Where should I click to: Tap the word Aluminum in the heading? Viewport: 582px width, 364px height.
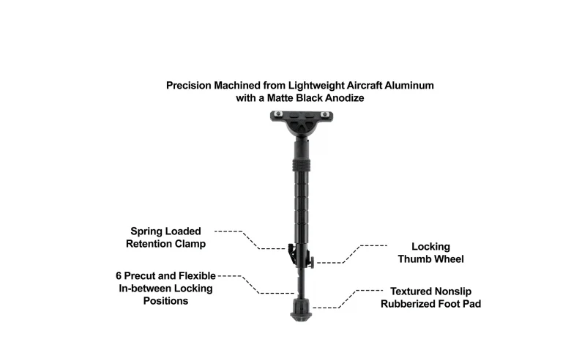pos(409,86)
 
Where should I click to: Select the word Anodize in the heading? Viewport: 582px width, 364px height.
pos(345,98)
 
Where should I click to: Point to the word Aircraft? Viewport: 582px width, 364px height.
pos(364,86)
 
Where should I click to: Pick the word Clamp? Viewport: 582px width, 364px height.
pos(190,244)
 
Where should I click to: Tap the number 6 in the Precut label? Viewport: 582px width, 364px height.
pos(119,276)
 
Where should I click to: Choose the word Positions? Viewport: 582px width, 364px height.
pos(165,301)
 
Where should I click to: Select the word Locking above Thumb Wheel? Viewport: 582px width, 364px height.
pos(430,247)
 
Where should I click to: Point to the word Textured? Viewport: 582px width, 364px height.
pos(411,291)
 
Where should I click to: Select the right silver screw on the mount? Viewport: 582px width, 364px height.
pos(324,114)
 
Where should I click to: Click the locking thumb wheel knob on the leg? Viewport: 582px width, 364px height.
pos(311,262)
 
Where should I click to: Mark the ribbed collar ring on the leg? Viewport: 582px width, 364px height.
pos(301,164)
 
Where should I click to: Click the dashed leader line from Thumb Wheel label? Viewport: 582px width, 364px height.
pos(351,254)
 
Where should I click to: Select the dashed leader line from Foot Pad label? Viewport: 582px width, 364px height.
pos(348,299)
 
